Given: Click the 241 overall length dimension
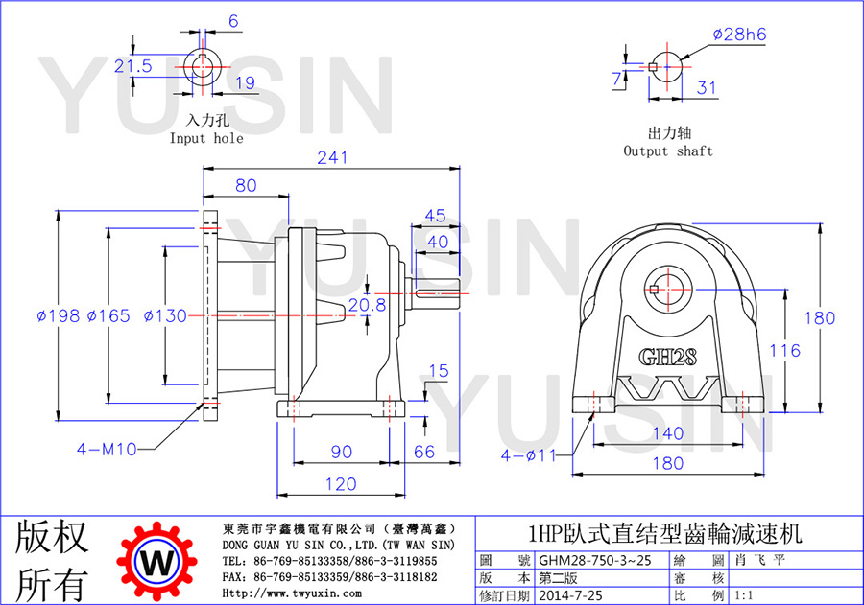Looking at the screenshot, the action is click(x=332, y=158).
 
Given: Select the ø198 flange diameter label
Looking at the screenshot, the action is click(x=58, y=316).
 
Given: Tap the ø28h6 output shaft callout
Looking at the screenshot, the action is click(x=739, y=35).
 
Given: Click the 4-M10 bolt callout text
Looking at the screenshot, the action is click(x=107, y=450).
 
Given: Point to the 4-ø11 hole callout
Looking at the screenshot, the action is click(x=529, y=455).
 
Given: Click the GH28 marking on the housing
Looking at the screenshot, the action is click(x=668, y=358).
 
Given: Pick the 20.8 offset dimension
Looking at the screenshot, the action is click(x=368, y=306).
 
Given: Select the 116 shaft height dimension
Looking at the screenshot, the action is click(x=784, y=351).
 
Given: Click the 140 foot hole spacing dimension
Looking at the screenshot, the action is click(x=668, y=433).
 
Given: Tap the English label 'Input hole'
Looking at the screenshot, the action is click(x=206, y=138).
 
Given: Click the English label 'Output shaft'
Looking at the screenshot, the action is click(x=668, y=151).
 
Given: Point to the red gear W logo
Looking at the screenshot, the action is click(x=156, y=562).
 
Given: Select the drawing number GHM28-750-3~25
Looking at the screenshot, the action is click(x=594, y=560).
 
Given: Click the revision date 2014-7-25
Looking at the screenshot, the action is click(x=570, y=595).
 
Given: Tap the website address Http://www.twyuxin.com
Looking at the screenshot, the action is click(x=292, y=593).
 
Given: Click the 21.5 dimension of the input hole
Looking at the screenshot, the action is click(x=132, y=66).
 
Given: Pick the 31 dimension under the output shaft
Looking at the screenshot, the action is click(x=707, y=88).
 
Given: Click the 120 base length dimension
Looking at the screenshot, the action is click(x=341, y=484).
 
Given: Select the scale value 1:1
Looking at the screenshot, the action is click(x=744, y=595).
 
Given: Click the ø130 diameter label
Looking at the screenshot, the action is click(x=165, y=316).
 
